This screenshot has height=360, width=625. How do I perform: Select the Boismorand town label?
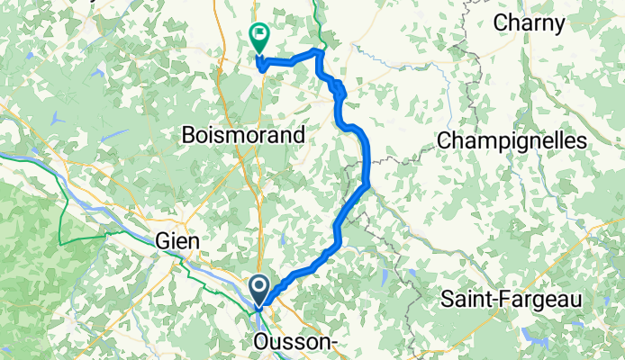pyautogui.click(x=242, y=135)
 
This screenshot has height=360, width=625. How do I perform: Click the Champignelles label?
pyautogui.click(x=511, y=140)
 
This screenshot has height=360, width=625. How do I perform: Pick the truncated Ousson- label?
pyautogui.click(x=298, y=343)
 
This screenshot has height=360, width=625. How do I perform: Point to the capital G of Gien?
pyautogui.click(x=162, y=242)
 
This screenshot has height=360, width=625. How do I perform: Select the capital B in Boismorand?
pyautogui.click(x=187, y=135)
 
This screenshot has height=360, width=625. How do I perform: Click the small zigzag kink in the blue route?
pyautogui.click(x=338, y=87)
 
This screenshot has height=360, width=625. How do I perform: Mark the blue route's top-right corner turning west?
pyautogui.click(x=320, y=52)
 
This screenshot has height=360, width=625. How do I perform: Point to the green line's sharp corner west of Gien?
pyautogui.click(x=60, y=243)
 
